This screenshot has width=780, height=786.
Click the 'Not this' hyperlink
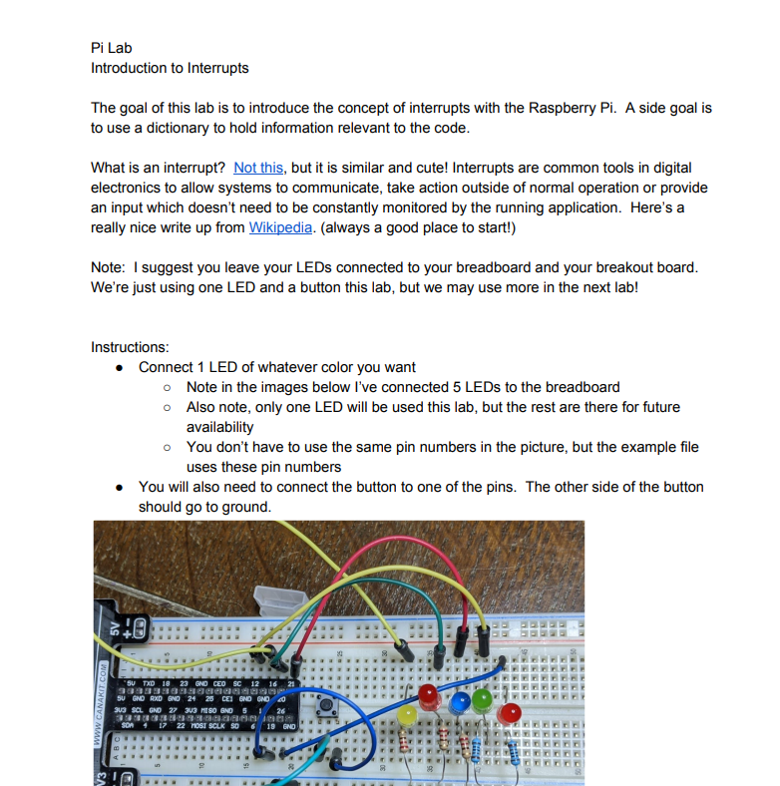tap(258, 168)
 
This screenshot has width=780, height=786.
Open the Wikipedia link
tap(280, 227)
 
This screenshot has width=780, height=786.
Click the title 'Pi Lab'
tap(111, 48)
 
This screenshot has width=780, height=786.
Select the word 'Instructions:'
tap(130, 347)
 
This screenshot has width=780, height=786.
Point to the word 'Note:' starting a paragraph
tap(109, 267)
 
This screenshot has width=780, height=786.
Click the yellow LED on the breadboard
tap(408, 714)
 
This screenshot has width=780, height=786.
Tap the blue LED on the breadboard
tap(460, 702)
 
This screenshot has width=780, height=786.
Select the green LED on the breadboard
tap(484, 698)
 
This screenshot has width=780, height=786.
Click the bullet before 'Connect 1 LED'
tap(119, 367)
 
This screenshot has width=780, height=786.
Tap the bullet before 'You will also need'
tap(119, 487)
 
